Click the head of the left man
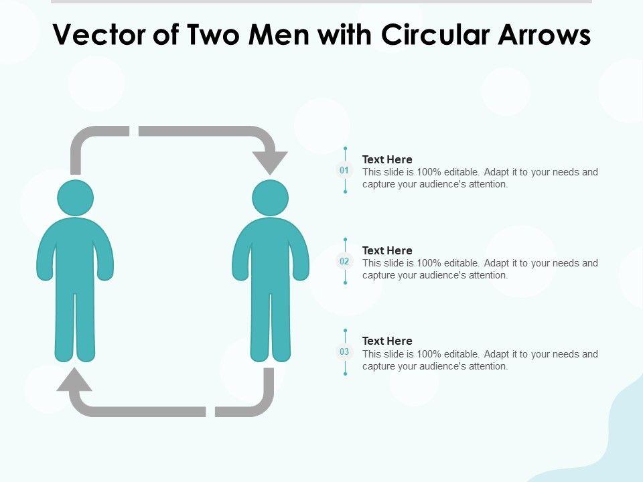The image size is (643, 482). [75, 198]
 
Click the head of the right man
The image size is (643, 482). [271, 198]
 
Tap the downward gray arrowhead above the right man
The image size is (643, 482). [271, 161]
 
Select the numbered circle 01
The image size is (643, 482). [344, 171]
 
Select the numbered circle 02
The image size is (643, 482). [344, 262]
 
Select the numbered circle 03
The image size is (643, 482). [344, 352]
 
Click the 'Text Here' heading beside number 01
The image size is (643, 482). [387, 159]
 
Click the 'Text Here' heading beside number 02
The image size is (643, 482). [387, 250]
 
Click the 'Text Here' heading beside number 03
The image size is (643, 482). [387, 341]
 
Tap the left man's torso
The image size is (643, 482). [75, 254]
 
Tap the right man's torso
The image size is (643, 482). [271, 254]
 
